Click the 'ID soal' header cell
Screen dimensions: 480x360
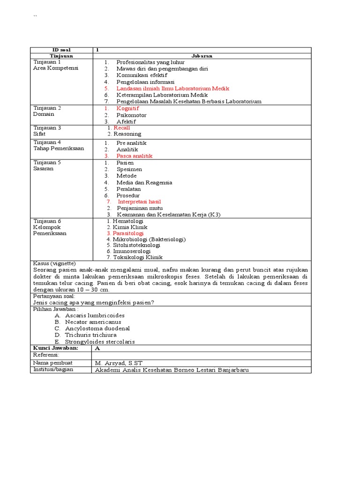click(61, 50)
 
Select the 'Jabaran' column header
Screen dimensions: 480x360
click(202, 56)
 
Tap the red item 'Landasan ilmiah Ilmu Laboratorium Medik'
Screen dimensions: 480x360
click(172, 88)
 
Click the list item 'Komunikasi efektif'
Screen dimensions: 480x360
click(142, 75)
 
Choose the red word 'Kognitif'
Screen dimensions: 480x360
click(127, 108)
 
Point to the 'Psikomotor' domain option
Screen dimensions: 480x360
click(131, 115)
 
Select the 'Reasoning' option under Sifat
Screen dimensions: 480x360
click(127, 134)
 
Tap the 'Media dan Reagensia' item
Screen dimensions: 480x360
click(144, 182)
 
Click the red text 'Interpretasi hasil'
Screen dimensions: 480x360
click(139, 202)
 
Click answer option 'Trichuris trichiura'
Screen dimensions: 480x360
click(91, 335)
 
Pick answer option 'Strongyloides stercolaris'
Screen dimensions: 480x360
click(100, 342)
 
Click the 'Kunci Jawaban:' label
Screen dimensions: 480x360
click(55, 348)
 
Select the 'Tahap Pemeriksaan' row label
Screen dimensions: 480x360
click(59, 149)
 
